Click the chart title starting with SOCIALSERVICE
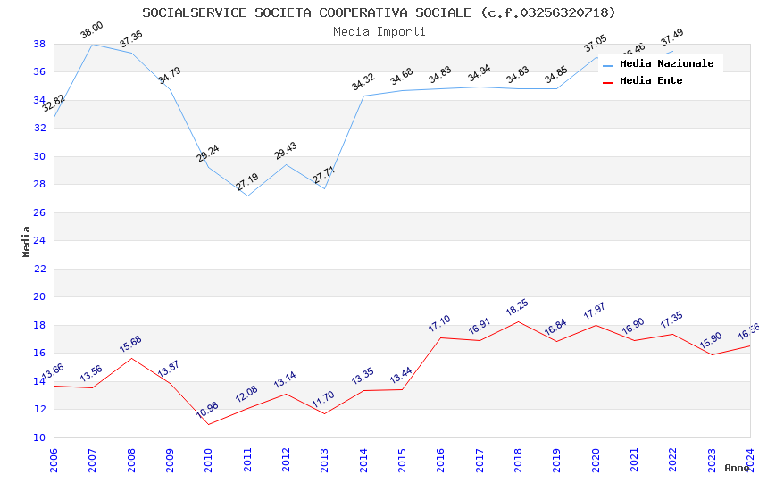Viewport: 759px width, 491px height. [379, 12]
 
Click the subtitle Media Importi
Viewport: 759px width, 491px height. [379, 31]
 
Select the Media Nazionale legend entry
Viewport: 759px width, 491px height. [666, 63]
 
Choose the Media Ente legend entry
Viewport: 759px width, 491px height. [651, 80]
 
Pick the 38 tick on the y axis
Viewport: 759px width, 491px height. [39, 44]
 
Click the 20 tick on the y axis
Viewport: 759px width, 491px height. [39, 297]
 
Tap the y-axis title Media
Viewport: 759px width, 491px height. [26, 241]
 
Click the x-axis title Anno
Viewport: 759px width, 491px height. [737, 468]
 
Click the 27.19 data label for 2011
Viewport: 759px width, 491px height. [246, 182]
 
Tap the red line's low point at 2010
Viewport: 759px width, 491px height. [209, 424]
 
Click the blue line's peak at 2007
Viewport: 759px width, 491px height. [93, 44]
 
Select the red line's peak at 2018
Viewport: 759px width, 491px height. [518, 321]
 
